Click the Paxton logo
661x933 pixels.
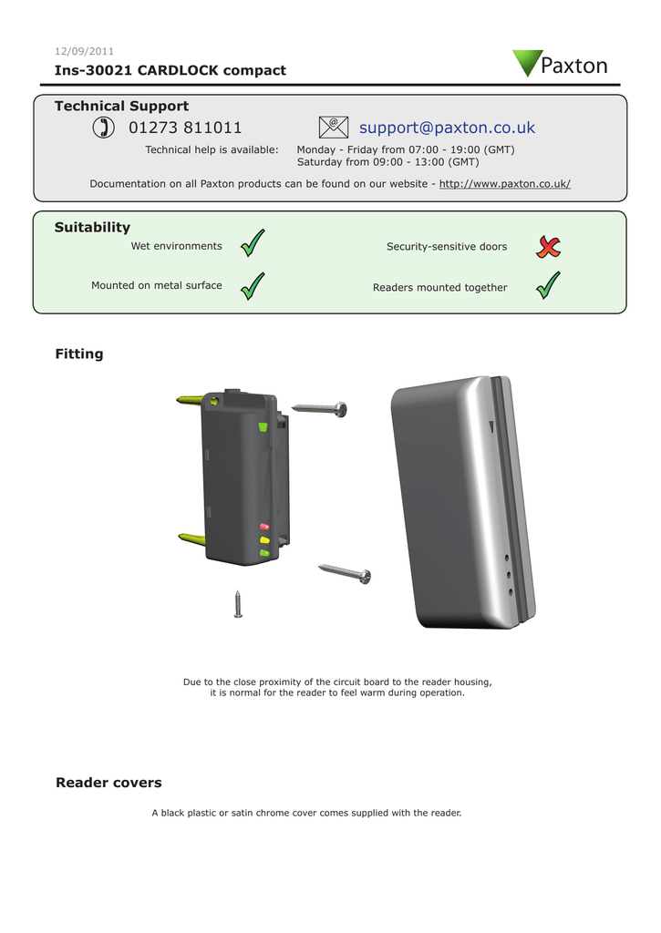(559, 65)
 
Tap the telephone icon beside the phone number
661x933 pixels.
(103, 128)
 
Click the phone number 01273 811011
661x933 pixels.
(185, 128)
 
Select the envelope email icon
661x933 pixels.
(333, 128)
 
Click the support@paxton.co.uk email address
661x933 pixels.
(447, 128)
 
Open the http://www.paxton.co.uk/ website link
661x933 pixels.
(504, 184)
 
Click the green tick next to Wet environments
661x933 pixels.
(253, 244)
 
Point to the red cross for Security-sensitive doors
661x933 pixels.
(548, 246)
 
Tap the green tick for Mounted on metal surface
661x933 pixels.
(253, 285)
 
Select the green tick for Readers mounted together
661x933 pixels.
(548, 285)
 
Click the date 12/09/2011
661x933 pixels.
(84, 51)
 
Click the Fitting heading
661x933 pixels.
(79, 354)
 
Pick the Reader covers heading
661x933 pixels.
(108, 783)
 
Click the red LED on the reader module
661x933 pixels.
(264, 527)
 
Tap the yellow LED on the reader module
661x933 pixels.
(264, 539)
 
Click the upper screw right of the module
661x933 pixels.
(319, 408)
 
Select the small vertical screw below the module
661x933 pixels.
(238, 603)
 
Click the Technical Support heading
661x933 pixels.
(121, 107)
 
